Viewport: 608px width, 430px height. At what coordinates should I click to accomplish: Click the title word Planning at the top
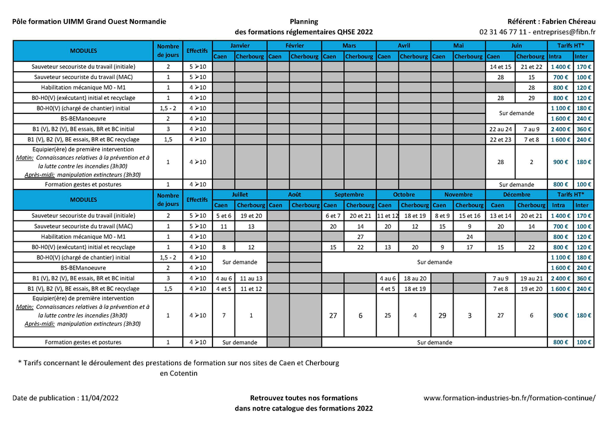tap(303, 21)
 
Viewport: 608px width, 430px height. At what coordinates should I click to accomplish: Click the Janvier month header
tap(240, 46)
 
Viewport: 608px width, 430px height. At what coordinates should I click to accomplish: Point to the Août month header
tap(294, 195)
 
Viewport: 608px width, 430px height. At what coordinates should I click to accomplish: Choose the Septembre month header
tap(349, 195)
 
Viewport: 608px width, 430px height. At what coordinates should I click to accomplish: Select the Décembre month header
tap(515, 195)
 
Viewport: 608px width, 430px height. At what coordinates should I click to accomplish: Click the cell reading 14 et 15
tap(500, 67)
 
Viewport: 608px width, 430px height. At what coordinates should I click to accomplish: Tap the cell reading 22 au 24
tap(500, 129)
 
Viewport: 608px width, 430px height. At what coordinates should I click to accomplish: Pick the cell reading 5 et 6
tap(224, 216)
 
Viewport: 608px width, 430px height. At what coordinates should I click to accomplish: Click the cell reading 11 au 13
tap(251, 278)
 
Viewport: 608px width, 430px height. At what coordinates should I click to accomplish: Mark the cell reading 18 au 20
tap(414, 278)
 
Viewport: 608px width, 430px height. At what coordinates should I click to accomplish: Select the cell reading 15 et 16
tap(469, 216)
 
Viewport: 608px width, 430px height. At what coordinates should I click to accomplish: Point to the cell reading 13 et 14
tap(500, 216)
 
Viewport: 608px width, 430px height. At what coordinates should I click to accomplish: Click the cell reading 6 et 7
tap(332, 216)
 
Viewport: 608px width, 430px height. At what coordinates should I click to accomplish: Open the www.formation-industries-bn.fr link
tap(509, 398)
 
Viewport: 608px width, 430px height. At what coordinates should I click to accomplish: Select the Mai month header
tap(458, 46)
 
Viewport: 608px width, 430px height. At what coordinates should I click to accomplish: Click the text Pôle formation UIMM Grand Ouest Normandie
tap(89, 21)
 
